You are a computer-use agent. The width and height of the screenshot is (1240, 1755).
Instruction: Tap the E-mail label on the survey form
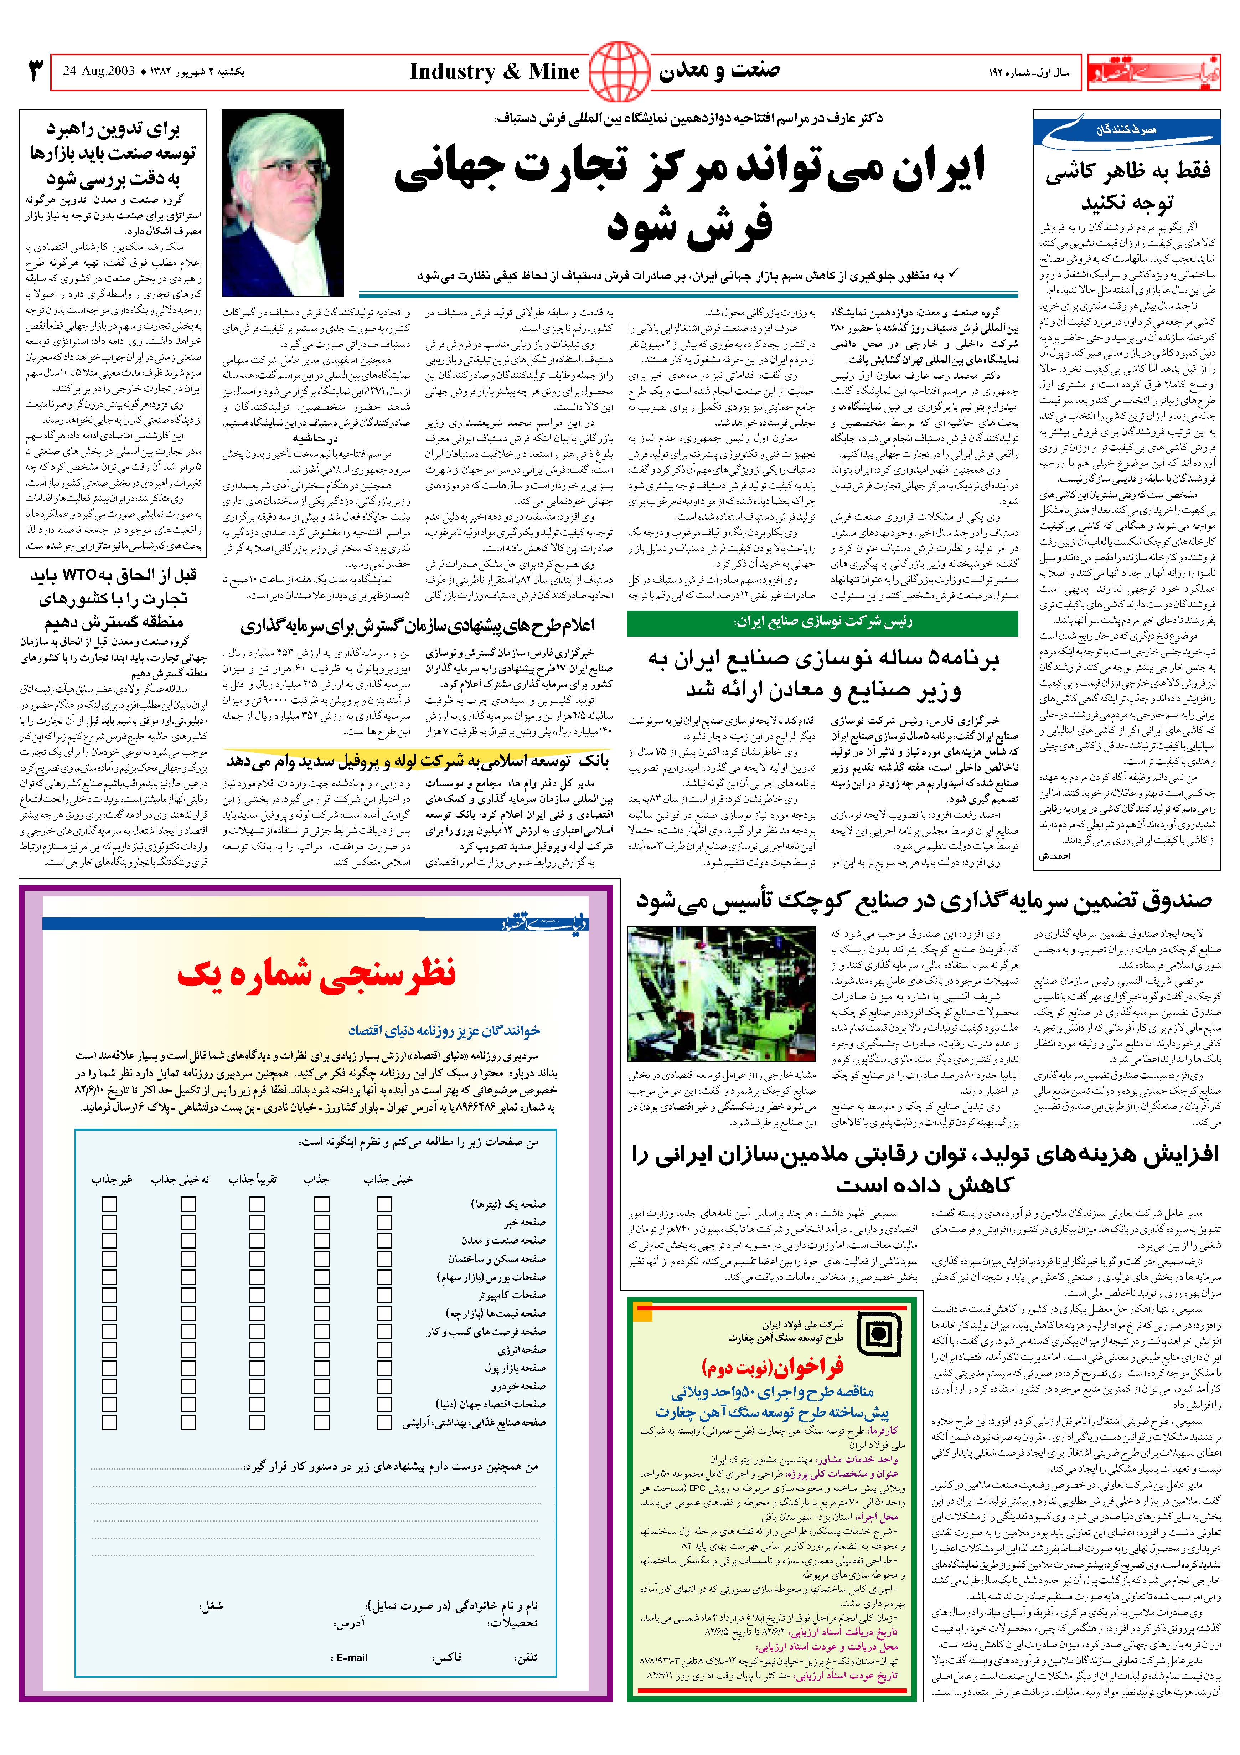pos(351,1657)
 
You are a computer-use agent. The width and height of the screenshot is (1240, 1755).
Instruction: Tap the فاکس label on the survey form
pos(447,1657)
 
